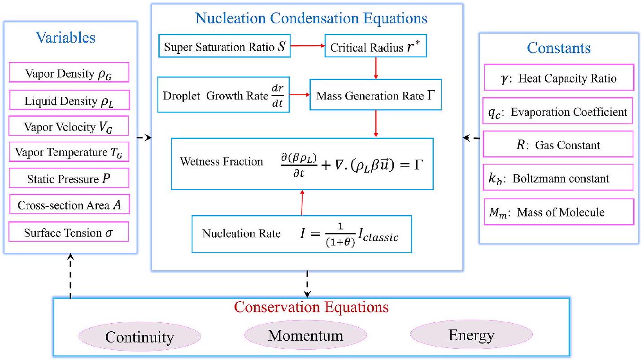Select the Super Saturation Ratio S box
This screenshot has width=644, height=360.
(224, 48)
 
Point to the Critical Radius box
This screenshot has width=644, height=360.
(375, 48)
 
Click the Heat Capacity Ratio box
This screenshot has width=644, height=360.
(559, 78)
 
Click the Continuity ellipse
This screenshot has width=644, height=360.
(139, 337)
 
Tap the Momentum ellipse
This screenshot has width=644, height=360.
(305, 335)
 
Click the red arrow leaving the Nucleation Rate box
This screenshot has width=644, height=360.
(302, 202)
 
